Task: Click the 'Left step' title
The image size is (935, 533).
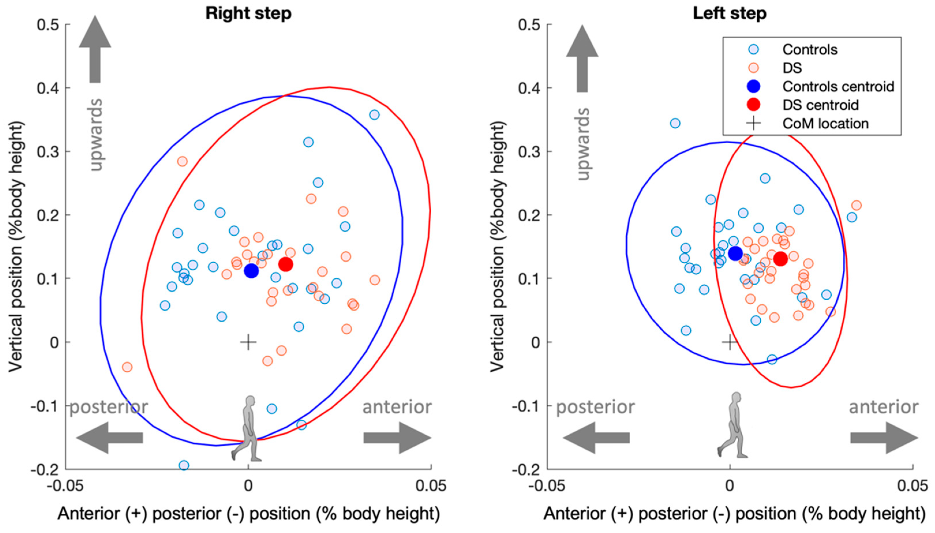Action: pyautogui.click(x=729, y=14)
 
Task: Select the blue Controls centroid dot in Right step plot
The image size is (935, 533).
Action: pyautogui.click(x=252, y=271)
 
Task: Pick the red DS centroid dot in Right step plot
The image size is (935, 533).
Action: pyautogui.click(x=286, y=264)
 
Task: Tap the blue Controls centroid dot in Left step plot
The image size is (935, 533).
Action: pyautogui.click(x=735, y=253)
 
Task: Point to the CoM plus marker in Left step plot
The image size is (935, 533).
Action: pyautogui.click(x=730, y=343)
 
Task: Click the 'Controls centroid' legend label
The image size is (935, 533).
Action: pyautogui.click(x=838, y=87)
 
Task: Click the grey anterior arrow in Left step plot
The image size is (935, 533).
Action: pyautogui.click(x=884, y=438)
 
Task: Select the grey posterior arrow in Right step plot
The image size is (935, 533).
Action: pyautogui.click(x=109, y=438)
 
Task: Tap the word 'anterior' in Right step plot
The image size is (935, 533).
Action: pyautogui.click(x=397, y=407)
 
